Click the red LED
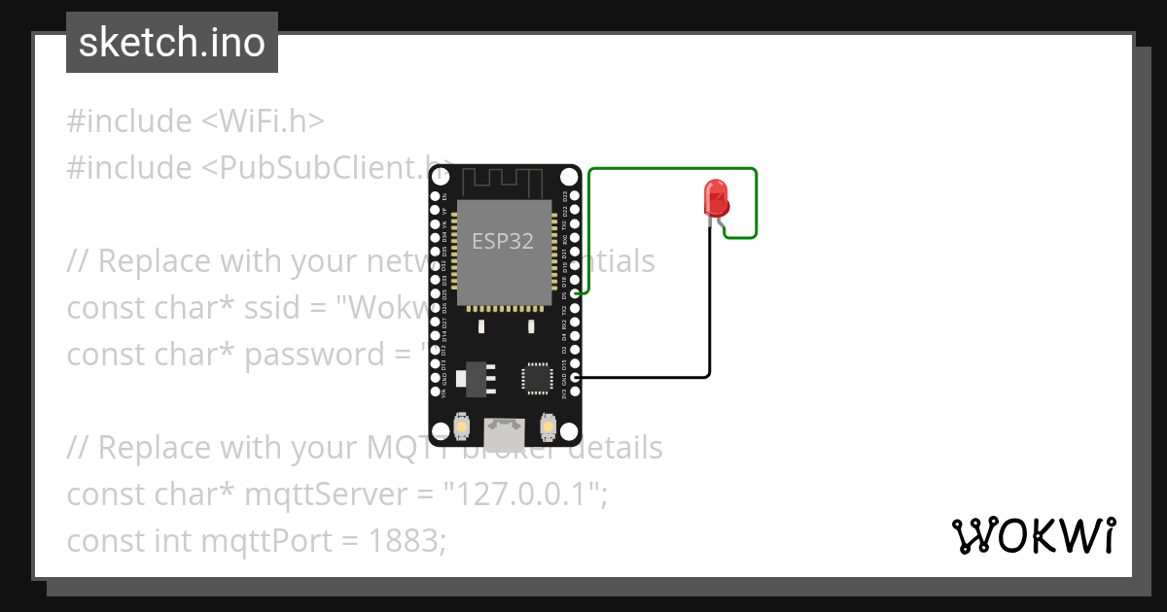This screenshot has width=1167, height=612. (x=716, y=197)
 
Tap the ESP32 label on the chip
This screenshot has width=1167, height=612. (x=503, y=241)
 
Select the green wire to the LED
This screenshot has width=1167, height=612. (x=671, y=169)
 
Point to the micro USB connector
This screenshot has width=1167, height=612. (x=504, y=428)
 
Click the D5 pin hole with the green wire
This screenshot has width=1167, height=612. (x=575, y=292)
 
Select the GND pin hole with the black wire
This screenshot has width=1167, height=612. (x=575, y=377)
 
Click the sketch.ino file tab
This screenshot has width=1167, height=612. (x=172, y=43)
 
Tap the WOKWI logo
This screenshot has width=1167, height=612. (x=1033, y=535)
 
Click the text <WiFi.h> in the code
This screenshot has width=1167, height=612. (x=263, y=121)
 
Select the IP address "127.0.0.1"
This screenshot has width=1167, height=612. (x=520, y=494)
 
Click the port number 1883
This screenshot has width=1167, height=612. (x=404, y=541)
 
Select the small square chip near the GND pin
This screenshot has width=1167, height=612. (x=536, y=378)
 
